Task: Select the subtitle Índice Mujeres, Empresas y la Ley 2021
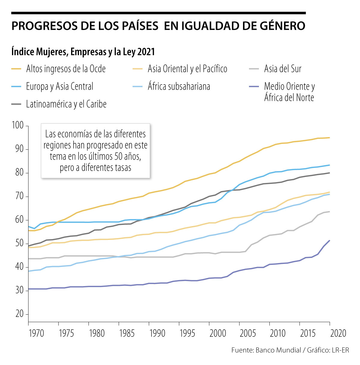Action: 83,52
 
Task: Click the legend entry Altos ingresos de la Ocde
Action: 66,69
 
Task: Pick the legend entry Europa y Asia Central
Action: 59,87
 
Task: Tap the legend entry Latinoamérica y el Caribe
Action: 66,104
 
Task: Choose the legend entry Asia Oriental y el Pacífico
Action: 187,69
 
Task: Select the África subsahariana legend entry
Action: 179,87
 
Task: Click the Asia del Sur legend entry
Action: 283,69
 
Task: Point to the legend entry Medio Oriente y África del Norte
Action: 289,92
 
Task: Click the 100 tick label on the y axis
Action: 18,125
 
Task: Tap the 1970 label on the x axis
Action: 36,333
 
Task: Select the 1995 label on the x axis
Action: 187,333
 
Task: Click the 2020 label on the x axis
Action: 338,333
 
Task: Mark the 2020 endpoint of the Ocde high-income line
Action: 330,138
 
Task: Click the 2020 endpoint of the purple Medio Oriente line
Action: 330,241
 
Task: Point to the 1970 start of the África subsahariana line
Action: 28,271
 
